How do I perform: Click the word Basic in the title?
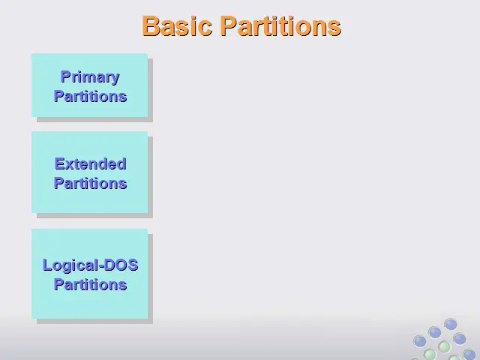[x=177, y=26]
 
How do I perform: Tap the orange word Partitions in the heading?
[x=280, y=26]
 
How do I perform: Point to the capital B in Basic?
[x=150, y=26]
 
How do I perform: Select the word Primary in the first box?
[x=90, y=76]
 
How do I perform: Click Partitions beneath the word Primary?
[x=90, y=96]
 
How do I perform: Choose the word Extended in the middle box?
[x=90, y=163]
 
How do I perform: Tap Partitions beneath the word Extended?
[x=90, y=183]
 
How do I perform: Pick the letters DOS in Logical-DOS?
[x=121, y=265]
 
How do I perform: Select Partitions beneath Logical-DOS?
[x=90, y=284]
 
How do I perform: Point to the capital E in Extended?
[x=59, y=163]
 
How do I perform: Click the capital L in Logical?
[x=46, y=265]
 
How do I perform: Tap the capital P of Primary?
[x=65, y=76]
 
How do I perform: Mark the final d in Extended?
[x=121, y=163]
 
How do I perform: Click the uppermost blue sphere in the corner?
[x=451, y=325]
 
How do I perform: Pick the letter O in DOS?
[x=121, y=265]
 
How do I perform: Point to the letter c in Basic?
[x=205, y=28]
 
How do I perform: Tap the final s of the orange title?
[x=335, y=28]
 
